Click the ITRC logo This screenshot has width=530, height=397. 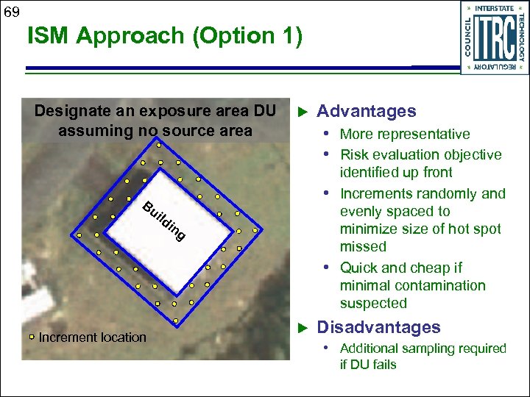pyautogui.click(x=494, y=37)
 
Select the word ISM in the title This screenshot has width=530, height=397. pyautogui.click(x=50, y=36)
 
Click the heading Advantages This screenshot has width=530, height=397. pyautogui.click(x=366, y=111)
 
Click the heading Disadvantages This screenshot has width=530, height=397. pyautogui.click(x=378, y=327)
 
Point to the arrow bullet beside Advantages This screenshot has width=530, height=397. pyautogui.click(x=300, y=112)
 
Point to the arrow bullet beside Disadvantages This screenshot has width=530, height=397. pyautogui.click(x=300, y=328)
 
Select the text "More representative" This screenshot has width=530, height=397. pyautogui.click(x=404, y=134)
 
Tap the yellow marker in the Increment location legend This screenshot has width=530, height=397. pyautogui.click(x=32, y=337)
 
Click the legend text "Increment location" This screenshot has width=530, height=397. pyautogui.click(x=92, y=337)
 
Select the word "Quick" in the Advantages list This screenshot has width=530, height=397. pyautogui.click(x=358, y=268)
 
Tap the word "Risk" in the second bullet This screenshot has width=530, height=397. pyautogui.click(x=354, y=154)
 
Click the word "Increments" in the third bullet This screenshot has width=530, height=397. pyautogui.click(x=376, y=193)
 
